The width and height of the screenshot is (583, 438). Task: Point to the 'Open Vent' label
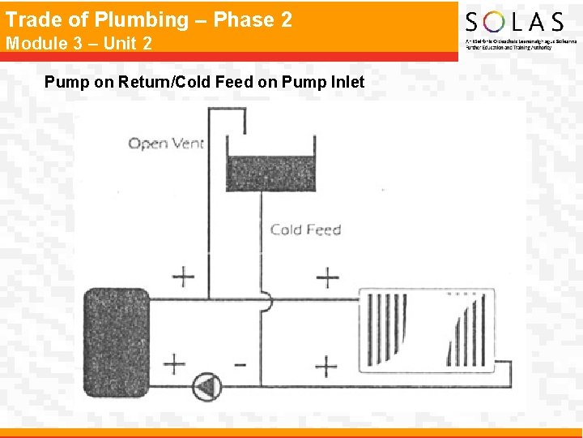click(166, 144)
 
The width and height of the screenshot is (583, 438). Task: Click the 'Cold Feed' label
click(305, 230)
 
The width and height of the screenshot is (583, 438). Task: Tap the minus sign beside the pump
click(240, 363)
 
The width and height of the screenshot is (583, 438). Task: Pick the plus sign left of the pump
click(174, 362)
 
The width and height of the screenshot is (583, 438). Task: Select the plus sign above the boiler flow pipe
click(184, 276)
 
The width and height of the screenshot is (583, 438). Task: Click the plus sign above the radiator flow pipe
click(327, 277)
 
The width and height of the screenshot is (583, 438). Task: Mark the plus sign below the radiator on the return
click(326, 366)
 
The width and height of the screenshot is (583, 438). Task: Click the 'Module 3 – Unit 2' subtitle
click(79, 43)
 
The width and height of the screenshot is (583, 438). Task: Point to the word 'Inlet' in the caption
click(345, 82)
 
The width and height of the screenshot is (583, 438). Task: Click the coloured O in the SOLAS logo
click(495, 21)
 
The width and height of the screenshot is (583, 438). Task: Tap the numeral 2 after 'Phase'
click(285, 19)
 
